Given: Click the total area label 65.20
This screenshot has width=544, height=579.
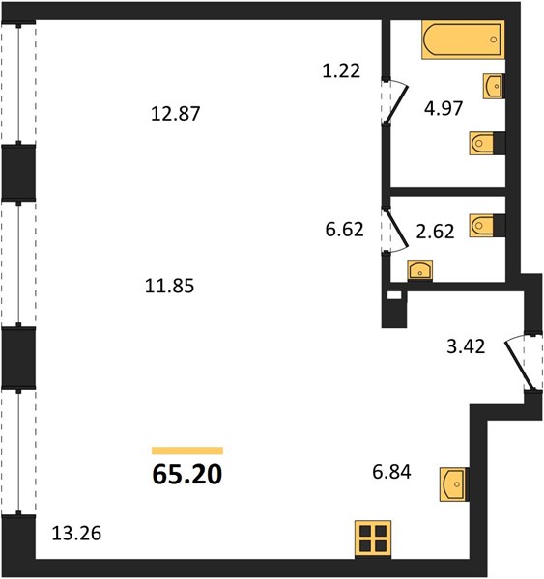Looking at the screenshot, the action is point(187,474).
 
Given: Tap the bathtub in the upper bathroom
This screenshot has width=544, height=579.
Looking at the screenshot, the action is point(464,40).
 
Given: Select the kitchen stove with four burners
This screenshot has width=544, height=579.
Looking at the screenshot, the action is point(373,539).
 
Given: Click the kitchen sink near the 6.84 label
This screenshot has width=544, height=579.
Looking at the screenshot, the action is point(454,484).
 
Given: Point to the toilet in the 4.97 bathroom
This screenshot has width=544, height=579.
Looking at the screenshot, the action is point(482,143).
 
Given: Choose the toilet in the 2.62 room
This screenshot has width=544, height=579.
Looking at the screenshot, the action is point(482,225).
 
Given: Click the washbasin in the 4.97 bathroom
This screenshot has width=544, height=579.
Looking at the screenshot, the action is point(493,86).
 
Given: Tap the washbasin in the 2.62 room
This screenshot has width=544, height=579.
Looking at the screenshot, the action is point(420,270).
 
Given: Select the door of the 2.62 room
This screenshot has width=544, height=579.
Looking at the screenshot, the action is point(396,230).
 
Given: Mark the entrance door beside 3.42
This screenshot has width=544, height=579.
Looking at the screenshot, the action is point(521,363).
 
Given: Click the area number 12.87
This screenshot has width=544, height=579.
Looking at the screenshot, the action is point(176,114).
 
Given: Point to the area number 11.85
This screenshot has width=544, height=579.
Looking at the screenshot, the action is point(169,287).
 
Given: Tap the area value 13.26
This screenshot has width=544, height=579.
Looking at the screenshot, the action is point(76,534).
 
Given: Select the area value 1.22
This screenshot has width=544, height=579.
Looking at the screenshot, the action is point(341,70).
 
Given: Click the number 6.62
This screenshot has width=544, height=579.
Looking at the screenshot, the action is point(344,230).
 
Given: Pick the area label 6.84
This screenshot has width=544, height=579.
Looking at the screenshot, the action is point(391,472).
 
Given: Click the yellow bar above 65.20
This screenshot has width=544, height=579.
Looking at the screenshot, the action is point(187,450).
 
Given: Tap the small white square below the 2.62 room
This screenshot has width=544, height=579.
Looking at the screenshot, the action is point(394,295).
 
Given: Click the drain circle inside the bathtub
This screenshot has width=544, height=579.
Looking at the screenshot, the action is point(494,40).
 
